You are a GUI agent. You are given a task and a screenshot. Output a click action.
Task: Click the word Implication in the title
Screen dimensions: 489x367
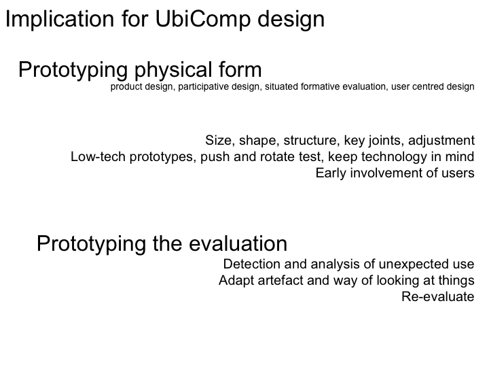pos(60,19)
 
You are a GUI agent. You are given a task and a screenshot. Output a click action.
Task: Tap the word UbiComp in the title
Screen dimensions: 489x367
pos(202,19)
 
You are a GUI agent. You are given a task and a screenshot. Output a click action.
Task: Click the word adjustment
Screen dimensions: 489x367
pos(441,141)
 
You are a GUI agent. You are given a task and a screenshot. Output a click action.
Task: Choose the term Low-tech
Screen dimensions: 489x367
pos(98,157)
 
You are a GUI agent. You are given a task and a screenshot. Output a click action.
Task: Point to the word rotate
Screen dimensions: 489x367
pos(278,157)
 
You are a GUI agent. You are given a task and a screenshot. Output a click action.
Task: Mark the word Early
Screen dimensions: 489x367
pos(331,173)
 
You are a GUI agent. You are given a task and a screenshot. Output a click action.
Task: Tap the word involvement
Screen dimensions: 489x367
pos(386,173)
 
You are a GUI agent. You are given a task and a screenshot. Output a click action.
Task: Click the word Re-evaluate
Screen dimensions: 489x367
pos(438,296)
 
